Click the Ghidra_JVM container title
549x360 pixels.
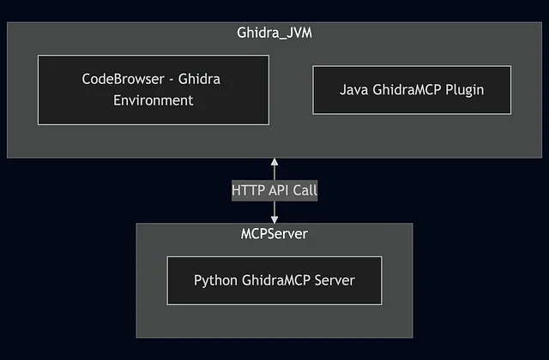(x=274, y=34)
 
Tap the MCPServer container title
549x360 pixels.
(x=274, y=233)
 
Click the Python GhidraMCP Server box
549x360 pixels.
(x=274, y=279)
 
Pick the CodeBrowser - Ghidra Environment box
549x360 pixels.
(x=154, y=89)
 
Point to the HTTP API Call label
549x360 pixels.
(x=274, y=190)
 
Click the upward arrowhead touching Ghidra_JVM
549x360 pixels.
(x=274, y=162)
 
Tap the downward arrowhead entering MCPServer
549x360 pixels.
(x=274, y=219)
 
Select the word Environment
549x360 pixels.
(x=154, y=100)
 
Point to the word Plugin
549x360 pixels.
(x=463, y=89)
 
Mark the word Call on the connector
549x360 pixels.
(x=304, y=190)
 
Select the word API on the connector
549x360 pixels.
(x=278, y=190)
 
